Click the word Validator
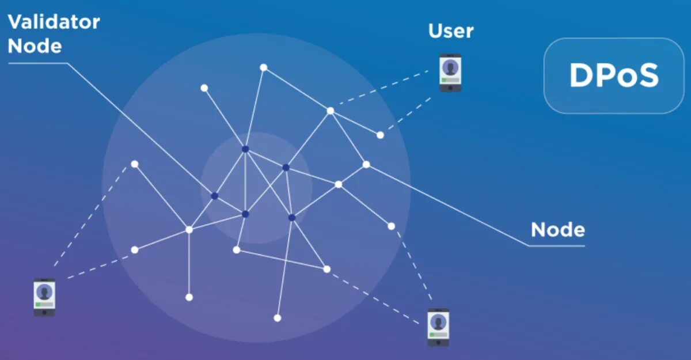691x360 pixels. pyautogui.click(x=54, y=22)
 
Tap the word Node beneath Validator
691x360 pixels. pyautogui.click(x=35, y=46)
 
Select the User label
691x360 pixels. pyautogui.click(x=451, y=31)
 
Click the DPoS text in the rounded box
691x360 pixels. pyautogui.click(x=613, y=75)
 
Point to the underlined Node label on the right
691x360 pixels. pyautogui.click(x=557, y=230)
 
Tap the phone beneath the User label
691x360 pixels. pyautogui.click(x=450, y=73)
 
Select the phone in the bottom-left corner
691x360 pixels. pyautogui.click(x=44, y=297)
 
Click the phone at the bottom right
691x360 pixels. pyautogui.click(x=438, y=327)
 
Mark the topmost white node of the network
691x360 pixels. pyautogui.click(x=263, y=67)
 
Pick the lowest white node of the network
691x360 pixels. pyautogui.click(x=277, y=318)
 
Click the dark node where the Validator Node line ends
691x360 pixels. pyautogui.click(x=215, y=196)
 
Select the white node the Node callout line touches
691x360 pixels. pyautogui.click(x=366, y=164)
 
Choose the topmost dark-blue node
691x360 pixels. pyautogui.click(x=245, y=149)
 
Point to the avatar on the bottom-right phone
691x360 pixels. pyautogui.click(x=438, y=321)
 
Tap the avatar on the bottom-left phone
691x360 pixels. pyautogui.click(x=44, y=291)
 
